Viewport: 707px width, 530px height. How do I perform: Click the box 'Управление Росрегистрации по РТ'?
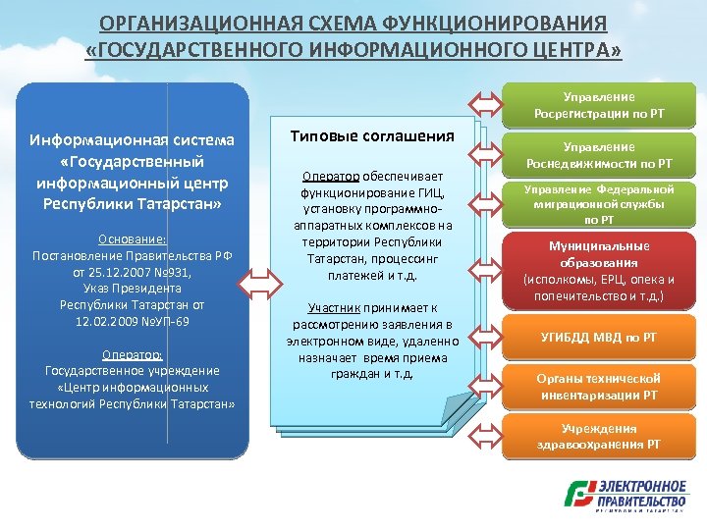coord(599,105)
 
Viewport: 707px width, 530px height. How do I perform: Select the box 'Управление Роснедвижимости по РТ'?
coord(599,155)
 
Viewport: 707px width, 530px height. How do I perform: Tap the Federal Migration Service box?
coord(599,204)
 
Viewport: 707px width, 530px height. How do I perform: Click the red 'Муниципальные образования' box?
coord(599,271)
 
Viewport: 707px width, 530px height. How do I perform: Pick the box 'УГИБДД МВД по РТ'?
coord(599,338)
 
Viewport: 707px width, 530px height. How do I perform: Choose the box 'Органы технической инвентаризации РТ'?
coord(599,387)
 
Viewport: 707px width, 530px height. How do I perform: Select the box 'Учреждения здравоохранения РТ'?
coord(599,437)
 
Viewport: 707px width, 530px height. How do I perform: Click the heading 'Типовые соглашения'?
coord(373,135)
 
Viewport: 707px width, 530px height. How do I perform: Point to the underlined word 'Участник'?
coord(333,307)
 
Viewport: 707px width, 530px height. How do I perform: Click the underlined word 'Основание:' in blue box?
coord(132,238)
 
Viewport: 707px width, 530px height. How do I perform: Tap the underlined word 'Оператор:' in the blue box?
coord(132,354)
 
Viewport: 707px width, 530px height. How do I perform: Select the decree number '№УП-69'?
coord(166,322)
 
